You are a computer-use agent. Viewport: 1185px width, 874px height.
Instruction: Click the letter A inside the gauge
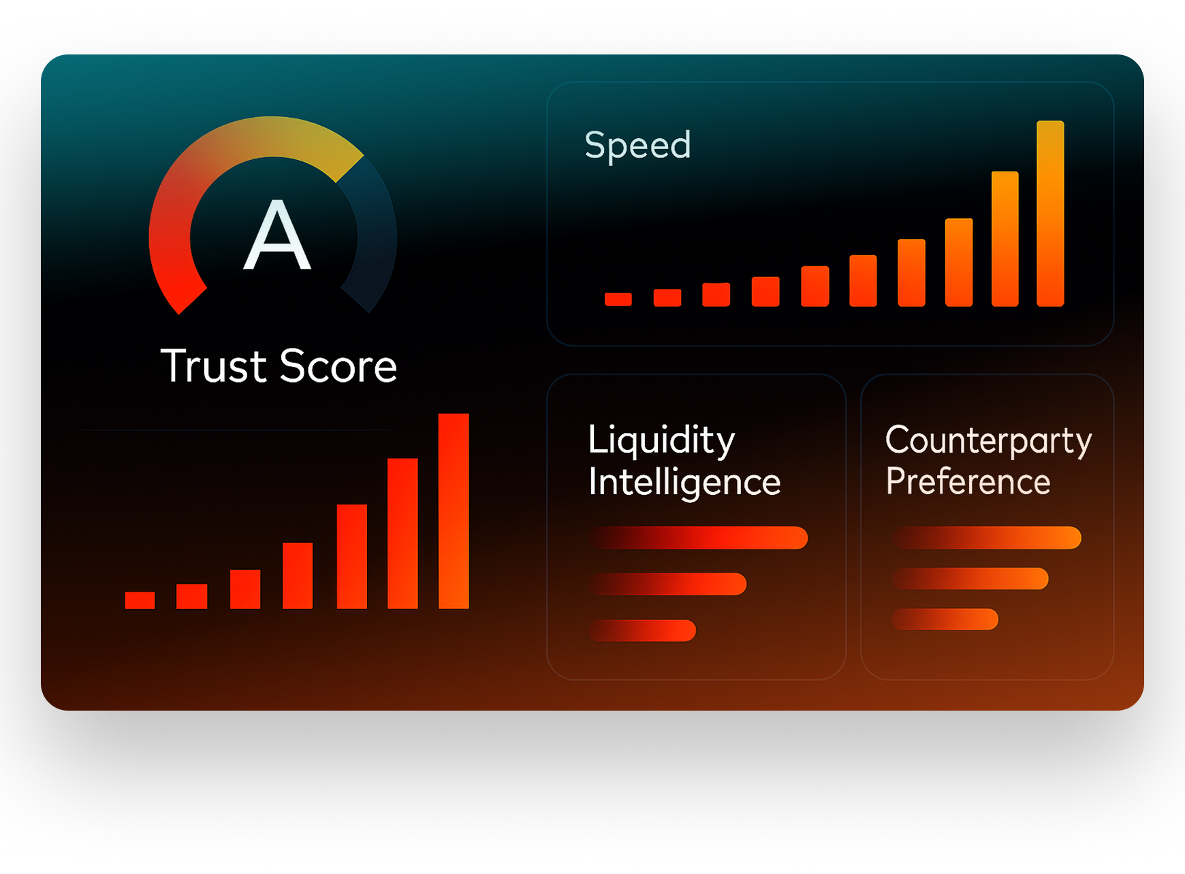pos(277,236)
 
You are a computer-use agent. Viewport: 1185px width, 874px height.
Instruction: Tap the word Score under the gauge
pos(338,366)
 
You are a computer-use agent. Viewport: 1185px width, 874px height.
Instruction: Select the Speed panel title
pos(637,145)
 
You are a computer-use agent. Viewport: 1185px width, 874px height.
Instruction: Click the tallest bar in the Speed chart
pos(1050,214)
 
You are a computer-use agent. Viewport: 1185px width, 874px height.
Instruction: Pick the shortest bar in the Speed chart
pos(618,299)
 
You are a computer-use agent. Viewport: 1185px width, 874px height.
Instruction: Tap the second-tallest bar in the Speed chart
pos(1005,239)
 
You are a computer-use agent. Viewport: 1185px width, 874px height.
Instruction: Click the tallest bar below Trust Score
pos(454,511)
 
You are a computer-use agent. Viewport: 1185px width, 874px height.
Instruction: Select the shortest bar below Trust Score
pos(140,600)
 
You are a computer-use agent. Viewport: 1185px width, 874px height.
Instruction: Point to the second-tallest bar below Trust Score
pos(402,534)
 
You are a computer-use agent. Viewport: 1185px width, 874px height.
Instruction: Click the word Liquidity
pos(661,440)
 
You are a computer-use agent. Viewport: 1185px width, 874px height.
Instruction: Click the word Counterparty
pos(988,440)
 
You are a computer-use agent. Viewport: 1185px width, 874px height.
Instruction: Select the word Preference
pos(968,482)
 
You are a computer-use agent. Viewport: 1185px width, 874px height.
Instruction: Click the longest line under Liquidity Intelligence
pos(699,538)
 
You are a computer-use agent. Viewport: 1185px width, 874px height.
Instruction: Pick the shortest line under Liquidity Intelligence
pos(643,630)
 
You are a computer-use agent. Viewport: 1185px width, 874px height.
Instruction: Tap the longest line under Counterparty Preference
pos(987,538)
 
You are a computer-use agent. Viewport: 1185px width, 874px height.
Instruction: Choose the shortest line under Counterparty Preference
pos(945,619)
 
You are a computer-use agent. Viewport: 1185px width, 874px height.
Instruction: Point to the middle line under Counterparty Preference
pos(970,579)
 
